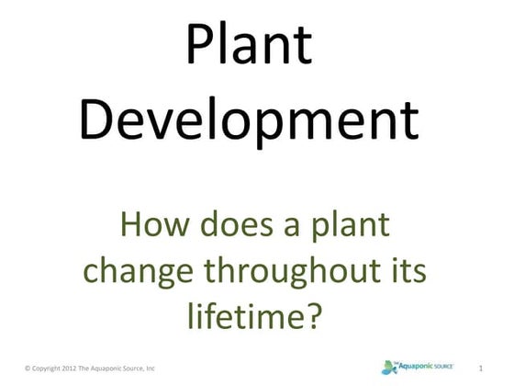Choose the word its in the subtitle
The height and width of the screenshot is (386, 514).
pos(410,271)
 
